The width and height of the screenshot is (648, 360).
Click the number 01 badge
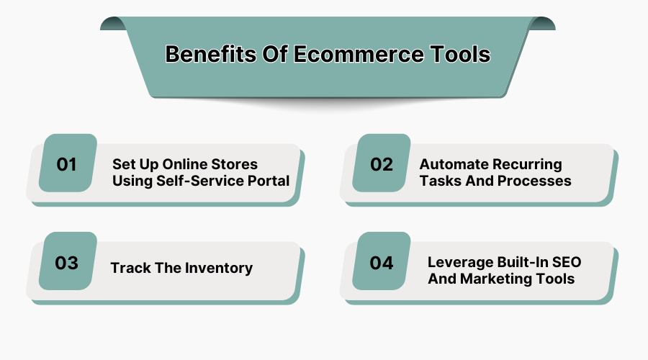click(67, 164)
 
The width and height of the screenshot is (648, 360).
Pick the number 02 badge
click(382, 164)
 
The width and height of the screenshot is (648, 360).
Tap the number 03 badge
click(67, 263)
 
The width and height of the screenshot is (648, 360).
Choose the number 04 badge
click(382, 263)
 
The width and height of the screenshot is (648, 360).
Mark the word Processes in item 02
click(536, 181)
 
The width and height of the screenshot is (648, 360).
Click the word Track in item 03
click(130, 269)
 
